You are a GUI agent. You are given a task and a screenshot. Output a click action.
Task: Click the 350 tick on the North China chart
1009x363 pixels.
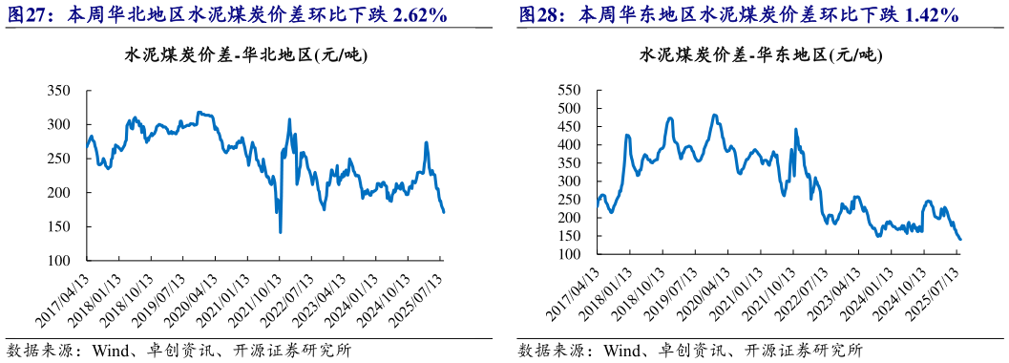pyautogui.click(x=60, y=91)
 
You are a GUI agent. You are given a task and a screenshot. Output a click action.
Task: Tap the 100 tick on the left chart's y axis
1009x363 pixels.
pyautogui.click(x=60, y=261)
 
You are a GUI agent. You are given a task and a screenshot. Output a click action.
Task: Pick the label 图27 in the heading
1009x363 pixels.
pyautogui.click(x=27, y=16)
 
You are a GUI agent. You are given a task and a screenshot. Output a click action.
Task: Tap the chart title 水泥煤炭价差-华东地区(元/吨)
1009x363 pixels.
pyautogui.click(x=759, y=55)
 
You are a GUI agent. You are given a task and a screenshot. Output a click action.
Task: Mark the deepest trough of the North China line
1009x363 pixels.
pyautogui.click(x=280, y=231)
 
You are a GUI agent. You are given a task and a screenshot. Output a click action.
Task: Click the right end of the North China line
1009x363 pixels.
pyautogui.click(x=443, y=212)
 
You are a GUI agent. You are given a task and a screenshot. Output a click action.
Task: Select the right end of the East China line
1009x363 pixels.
pyautogui.click(x=959, y=239)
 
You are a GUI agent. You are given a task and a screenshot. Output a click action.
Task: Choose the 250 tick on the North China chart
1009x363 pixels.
pyautogui.click(x=60, y=159)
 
